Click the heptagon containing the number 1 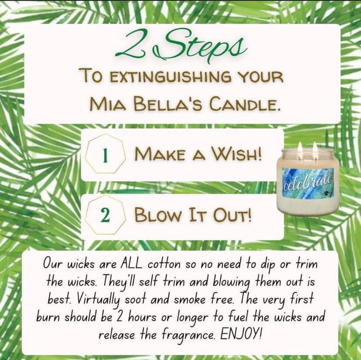106,153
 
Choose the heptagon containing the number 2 106,214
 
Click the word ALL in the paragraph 131,264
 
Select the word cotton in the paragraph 164,265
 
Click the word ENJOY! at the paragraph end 241,334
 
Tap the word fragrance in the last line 188,335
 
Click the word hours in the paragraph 142,317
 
